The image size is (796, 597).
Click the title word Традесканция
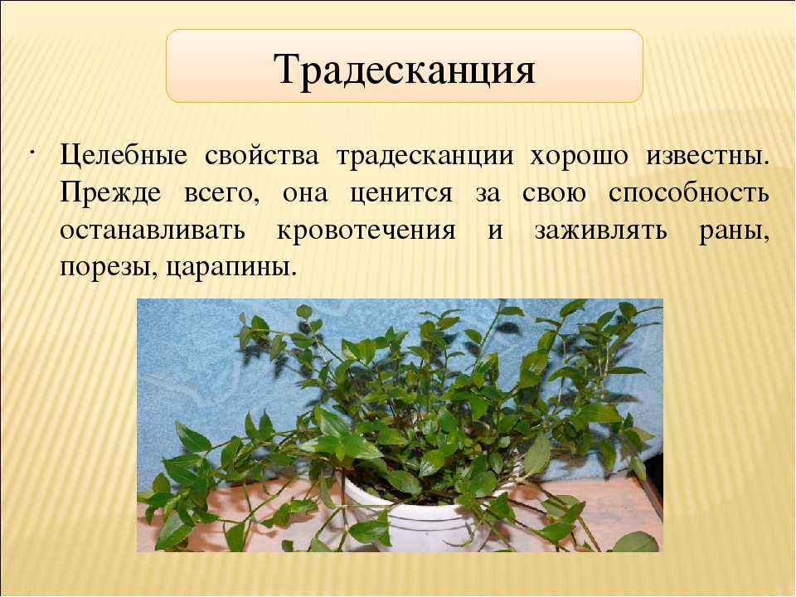coord(404,70)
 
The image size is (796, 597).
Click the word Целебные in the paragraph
coord(124,155)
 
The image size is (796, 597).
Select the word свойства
coord(262,155)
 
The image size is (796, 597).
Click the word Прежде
coord(110,193)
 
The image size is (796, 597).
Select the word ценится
coord(400,194)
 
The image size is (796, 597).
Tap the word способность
coord(689,193)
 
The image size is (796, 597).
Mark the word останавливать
coord(153,231)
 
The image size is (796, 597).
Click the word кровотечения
coord(366,232)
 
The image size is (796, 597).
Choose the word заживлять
coord(600,232)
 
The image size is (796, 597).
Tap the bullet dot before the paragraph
coord(32,153)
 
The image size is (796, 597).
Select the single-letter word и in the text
coord(496,231)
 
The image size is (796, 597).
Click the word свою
coord(555,194)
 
